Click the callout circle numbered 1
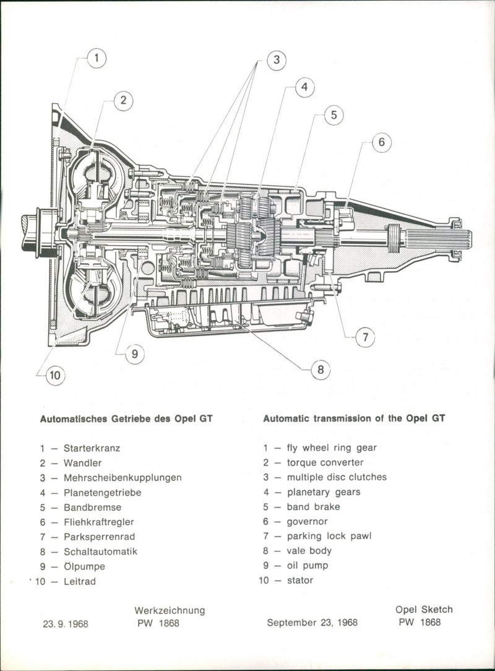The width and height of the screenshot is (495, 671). pyautogui.click(x=97, y=59)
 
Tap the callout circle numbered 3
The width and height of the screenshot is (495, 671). pyautogui.click(x=276, y=60)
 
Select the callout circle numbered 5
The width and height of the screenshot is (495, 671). pyautogui.click(x=334, y=115)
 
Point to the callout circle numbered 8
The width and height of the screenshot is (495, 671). pyautogui.click(x=320, y=370)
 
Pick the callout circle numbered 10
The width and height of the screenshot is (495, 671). pyautogui.click(x=55, y=375)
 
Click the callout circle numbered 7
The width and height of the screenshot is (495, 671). pyautogui.click(x=365, y=337)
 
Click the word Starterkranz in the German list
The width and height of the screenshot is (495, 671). pyautogui.click(x=92, y=448)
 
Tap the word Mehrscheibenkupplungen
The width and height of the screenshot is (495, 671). pyautogui.click(x=123, y=477)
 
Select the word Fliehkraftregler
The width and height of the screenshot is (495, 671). pyautogui.click(x=98, y=522)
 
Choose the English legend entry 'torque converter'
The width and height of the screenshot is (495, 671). pyautogui.click(x=325, y=462)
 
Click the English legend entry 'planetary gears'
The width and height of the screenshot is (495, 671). pyautogui.click(x=323, y=492)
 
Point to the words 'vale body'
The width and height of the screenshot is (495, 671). pyautogui.click(x=309, y=550)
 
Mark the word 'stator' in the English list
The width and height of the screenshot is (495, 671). pyautogui.click(x=300, y=580)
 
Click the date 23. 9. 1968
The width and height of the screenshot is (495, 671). pyautogui.click(x=66, y=623)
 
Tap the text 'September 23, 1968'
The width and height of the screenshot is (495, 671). pyautogui.click(x=312, y=622)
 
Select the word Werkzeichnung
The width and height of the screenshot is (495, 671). pyautogui.click(x=170, y=610)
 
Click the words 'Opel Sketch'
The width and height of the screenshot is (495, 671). pyautogui.click(x=424, y=609)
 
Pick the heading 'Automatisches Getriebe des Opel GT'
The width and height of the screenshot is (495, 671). pyautogui.click(x=126, y=418)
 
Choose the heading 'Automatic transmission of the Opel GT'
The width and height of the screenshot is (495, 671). pyautogui.click(x=354, y=418)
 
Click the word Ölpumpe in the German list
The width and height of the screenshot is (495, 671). pyautogui.click(x=84, y=566)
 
